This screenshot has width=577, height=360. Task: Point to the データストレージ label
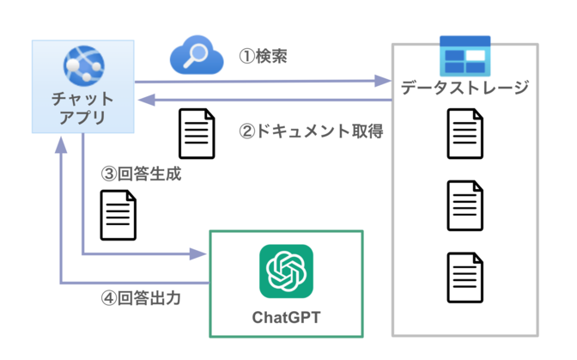click(x=465, y=88)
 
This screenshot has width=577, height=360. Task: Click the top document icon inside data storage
click(x=465, y=134)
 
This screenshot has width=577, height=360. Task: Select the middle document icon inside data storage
click(x=465, y=205)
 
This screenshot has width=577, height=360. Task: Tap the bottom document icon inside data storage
click(x=465, y=276)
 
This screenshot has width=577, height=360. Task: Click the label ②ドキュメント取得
click(x=310, y=132)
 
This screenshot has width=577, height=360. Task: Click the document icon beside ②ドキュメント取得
click(x=196, y=132)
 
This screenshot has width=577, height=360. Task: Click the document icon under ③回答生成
click(x=118, y=214)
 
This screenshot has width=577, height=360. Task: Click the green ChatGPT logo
click(x=286, y=272)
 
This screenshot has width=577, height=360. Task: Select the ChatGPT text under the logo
click(x=286, y=318)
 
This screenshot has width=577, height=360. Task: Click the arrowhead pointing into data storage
click(x=383, y=82)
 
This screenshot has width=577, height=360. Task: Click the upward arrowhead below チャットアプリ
click(x=61, y=145)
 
